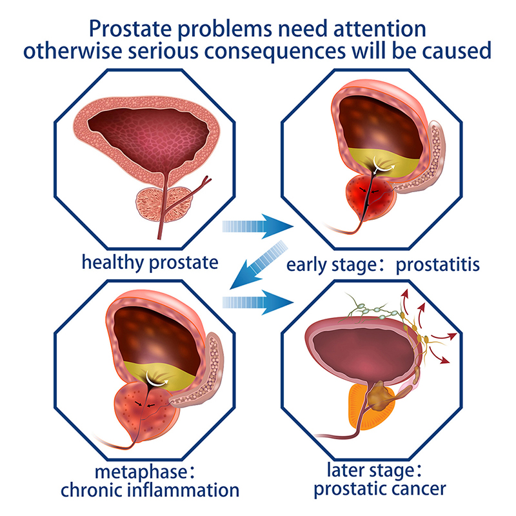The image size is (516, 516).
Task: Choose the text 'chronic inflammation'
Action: [150, 489]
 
